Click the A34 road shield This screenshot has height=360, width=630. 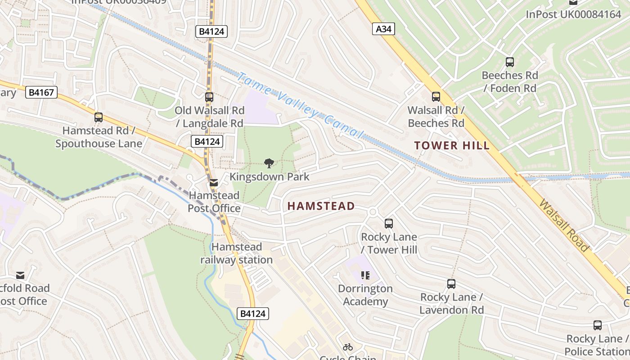click(383, 29)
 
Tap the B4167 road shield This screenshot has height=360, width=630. click(41, 93)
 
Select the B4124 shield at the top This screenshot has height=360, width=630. click(211, 31)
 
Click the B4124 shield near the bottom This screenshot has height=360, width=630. click(252, 314)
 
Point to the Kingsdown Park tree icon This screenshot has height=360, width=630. click(269, 163)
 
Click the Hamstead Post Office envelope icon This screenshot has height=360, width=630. click(214, 183)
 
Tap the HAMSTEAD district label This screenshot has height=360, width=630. click(321, 206)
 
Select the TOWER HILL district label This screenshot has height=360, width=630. click(452, 145)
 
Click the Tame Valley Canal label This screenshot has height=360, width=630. click(299, 106)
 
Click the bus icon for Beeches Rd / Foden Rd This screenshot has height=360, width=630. click(510, 62)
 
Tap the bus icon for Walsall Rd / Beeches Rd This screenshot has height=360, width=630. click(436, 96)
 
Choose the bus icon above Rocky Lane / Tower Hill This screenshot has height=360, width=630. click(389, 223)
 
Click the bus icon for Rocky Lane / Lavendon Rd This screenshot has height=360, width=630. click(451, 284)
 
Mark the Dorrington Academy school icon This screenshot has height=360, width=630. click(365, 275)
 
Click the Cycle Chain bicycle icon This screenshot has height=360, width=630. click(347, 347)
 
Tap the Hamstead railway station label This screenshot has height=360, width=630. click(237, 253)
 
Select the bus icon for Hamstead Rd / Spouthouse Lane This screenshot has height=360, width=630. click(99, 117)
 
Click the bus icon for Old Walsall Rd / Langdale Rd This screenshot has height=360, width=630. click(209, 97)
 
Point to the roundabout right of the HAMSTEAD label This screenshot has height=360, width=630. click(372, 212)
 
